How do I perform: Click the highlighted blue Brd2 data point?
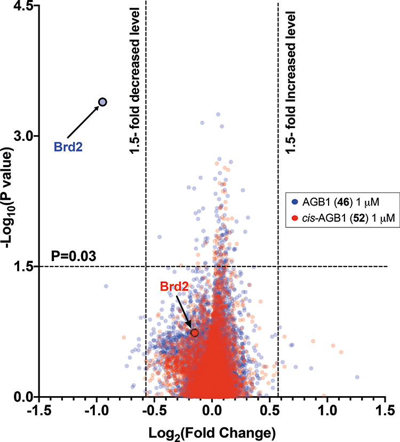click(x=102, y=102)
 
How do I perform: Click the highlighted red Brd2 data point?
click(x=195, y=333)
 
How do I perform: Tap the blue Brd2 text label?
click(x=68, y=146)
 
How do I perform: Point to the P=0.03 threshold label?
click(x=74, y=256)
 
